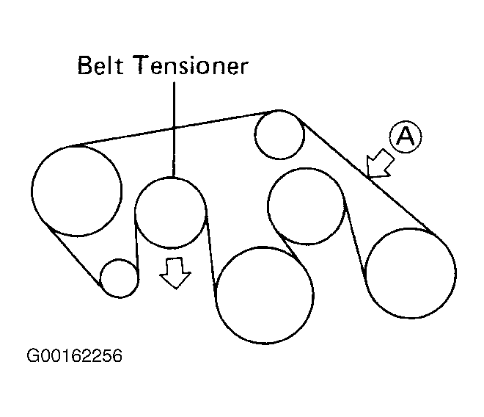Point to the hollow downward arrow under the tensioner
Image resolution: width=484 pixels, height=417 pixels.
coord(175,273)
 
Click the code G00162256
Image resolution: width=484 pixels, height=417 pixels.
coord(74,357)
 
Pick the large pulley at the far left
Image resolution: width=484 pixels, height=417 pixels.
coord(76,190)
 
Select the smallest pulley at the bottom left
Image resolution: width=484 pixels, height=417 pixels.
coord(119,278)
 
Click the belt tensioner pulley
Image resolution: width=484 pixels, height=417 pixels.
coord(171,213)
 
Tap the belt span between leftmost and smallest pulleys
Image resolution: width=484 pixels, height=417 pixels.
coord(73,254)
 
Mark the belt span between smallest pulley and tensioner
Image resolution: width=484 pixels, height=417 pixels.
coord(136,242)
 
